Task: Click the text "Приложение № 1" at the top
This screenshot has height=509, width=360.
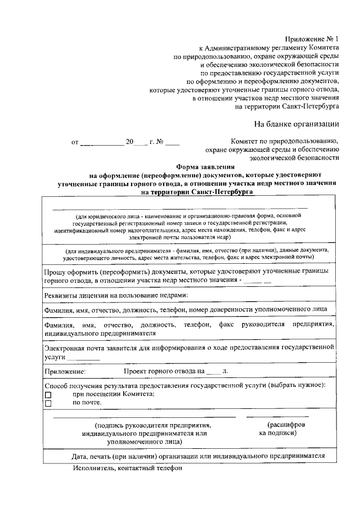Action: coord(312,39)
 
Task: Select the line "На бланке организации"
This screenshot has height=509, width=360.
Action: coord(296,124)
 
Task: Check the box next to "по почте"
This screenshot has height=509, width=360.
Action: coord(48,403)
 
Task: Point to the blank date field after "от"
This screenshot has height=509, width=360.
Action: coord(102,143)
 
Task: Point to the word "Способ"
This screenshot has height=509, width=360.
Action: coord(57,385)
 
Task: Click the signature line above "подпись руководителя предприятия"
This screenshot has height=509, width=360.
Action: coord(145,417)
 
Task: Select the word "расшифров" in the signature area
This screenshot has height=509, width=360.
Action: coord(287,425)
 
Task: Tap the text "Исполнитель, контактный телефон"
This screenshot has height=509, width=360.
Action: coord(127,468)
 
